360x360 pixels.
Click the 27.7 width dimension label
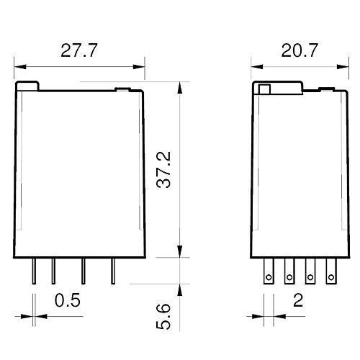[x=78, y=51]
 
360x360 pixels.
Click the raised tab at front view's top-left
[x=28, y=86]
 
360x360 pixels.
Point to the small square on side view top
[x=264, y=89]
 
